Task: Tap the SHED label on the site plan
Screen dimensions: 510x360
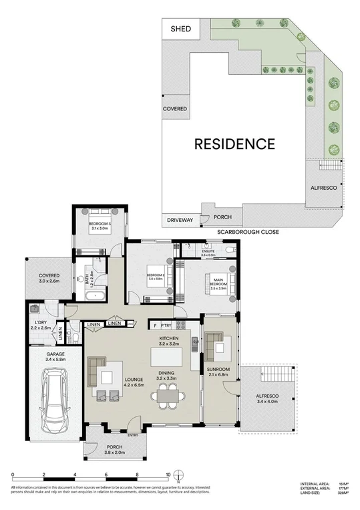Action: [181, 29]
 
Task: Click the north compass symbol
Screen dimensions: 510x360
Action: [179, 477]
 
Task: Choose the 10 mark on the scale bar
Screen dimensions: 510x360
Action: [168, 475]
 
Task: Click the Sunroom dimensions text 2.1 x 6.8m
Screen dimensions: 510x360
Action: [218, 374]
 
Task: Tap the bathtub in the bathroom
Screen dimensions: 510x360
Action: [98, 294]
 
